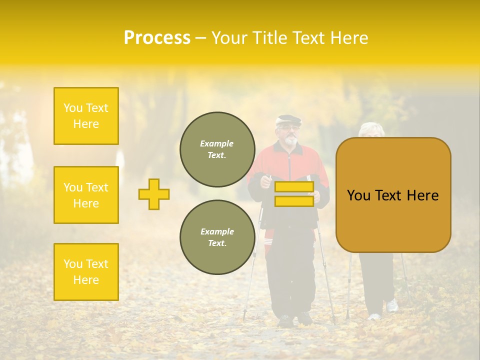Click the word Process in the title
[x=157, y=38]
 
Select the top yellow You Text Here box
[x=86, y=116]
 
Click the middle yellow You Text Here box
[x=86, y=195]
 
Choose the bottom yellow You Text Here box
[x=86, y=272]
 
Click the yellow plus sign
[x=154, y=194]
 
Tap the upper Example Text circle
[x=217, y=149]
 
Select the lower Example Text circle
[x=217, y=237]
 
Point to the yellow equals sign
[x=294, y=194]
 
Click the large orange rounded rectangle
[x=393, y=195]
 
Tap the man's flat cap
[x=289, y=120]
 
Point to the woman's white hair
[x=372, y=128]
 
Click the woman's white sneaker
[x=392, y=305]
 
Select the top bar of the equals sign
[x=294, y=187]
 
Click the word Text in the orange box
[x=392, y=195]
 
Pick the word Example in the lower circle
[x=217, y=231]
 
